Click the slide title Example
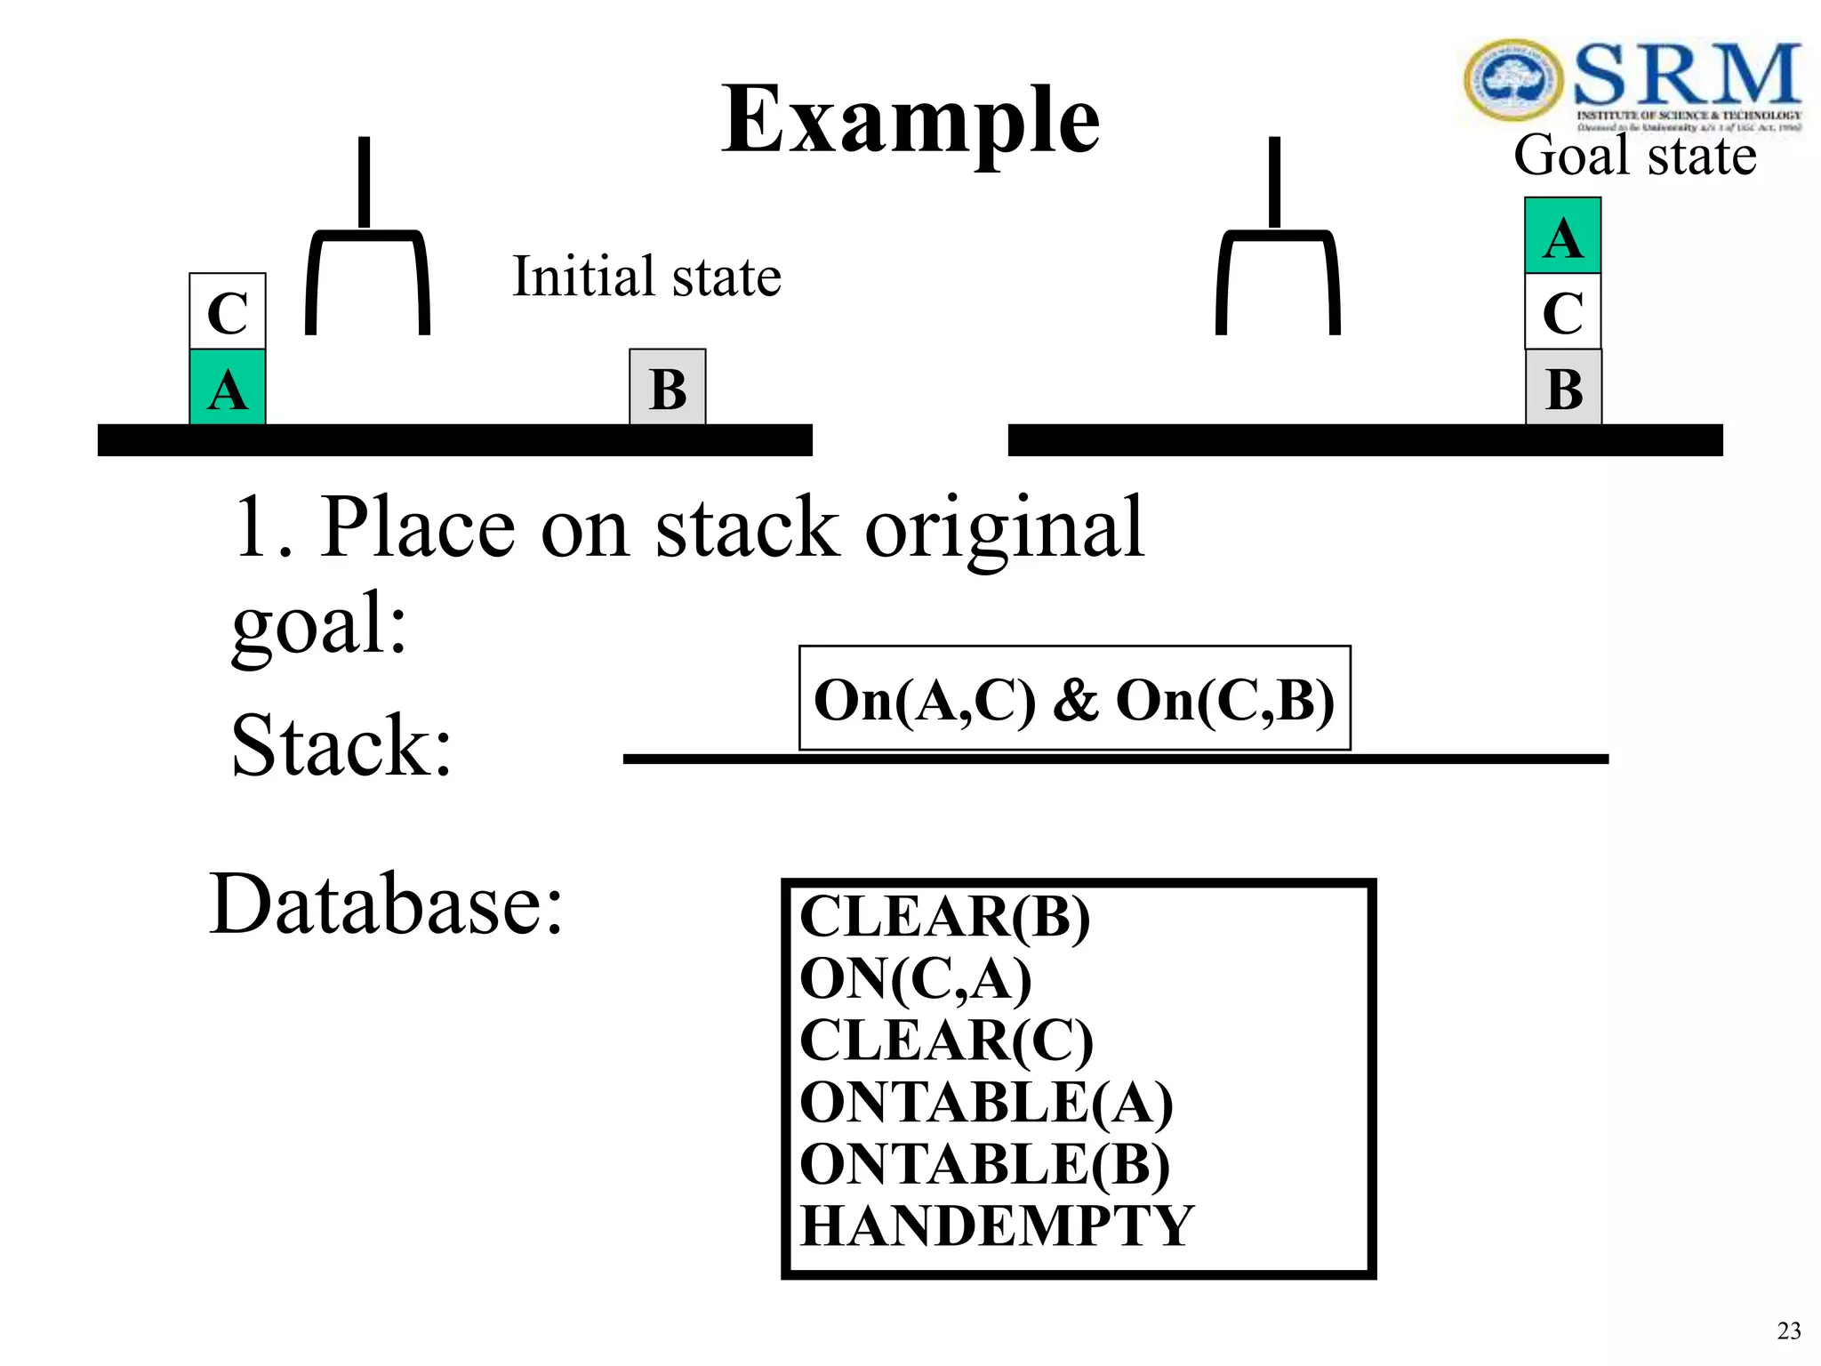pyautogui.click(x=910, y=120)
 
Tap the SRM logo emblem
pyautogui.click(x=1512, y=80)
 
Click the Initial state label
pyautogui.click(x=646, y=277)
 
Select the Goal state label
pyautogui.click(x=1634, y=156)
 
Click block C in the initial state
pyautogui.click(x=228, y=311)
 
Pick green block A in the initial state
pyautogui.click(x=228, y=388)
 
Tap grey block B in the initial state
pyautogui.click(x=668, y=388)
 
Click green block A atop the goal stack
pyautogui.click(x=1562, y=237)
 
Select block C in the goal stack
pyautogui.click(x=1562, y=311)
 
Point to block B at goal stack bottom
pyautogui.click(x=1563, y=388)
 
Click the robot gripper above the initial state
pyautogui.click(x=366, y=258)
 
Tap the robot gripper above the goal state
pyautogui.click(x=1277, y=258)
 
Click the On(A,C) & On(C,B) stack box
pyautogui.click(x=1074, y=699)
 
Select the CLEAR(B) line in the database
pyautogui.click(x=944, y=916)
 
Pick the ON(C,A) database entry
pyautogui.click(x=916, y=978)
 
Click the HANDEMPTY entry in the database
pyautogui.click(x=996, y=1225)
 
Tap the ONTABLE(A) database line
pyautogui.click(x=985, y=1103)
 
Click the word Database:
pyautogui.click(x=386, y=904)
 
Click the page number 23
pyautogui.click(x=1788, y=1331)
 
